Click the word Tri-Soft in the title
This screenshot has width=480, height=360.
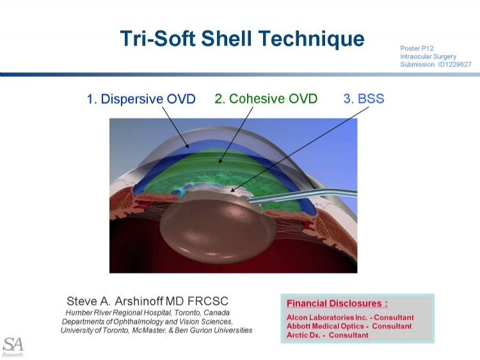tap(158, 39)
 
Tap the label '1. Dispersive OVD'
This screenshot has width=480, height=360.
tap(141, 99)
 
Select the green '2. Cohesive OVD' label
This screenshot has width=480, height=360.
tap(266, 99)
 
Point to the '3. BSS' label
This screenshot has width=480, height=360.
tap(364, 99)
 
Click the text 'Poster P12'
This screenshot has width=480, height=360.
tap(417, 49)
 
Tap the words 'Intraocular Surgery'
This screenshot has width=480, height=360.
tap(428, 56)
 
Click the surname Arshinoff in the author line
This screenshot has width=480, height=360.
tap(139, 301)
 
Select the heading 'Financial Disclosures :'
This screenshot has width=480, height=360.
tap(337, 304)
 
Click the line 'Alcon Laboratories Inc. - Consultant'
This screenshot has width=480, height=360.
tap(350, 318)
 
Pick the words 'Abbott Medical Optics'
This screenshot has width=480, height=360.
tap(325, 326)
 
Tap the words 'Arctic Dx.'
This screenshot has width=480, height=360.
tap(303, 335)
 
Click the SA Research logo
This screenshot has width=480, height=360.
tap(13, 347)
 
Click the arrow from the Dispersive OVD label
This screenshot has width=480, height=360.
tap(175, 127)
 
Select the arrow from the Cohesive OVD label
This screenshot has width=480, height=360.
tap(236, 135)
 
